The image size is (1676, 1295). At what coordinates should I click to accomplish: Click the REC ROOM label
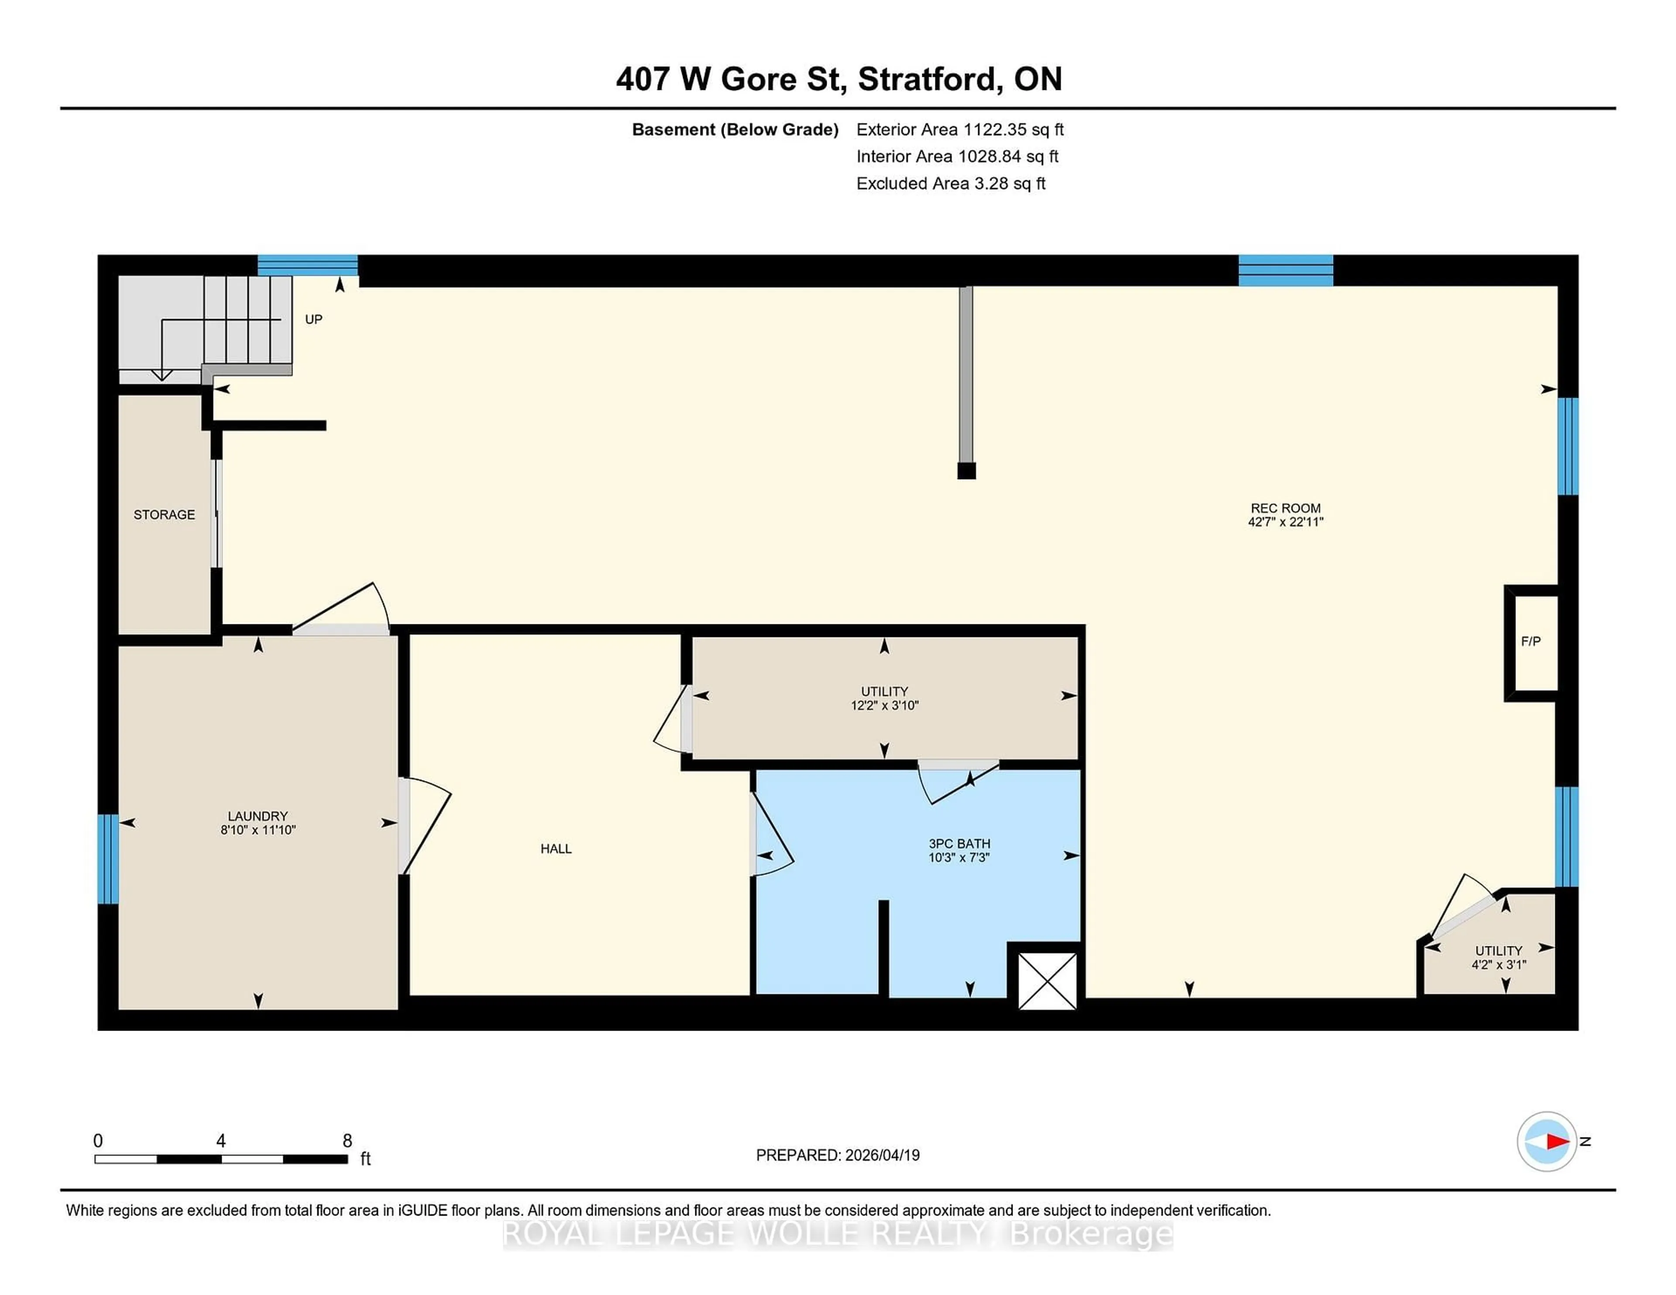coord(1285,508)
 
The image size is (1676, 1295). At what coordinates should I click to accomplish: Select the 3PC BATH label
coord(959,843)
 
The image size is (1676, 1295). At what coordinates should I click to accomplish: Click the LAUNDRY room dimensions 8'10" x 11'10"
coord(258,830)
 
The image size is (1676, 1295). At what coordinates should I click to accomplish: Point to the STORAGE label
coord(164,515)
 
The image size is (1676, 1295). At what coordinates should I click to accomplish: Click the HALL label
coord(556,849)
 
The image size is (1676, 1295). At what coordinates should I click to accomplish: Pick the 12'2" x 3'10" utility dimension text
coord(884,705)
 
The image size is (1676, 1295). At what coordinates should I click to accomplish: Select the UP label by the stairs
coord(313,319)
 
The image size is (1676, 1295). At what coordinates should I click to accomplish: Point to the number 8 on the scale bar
coord(347,1141)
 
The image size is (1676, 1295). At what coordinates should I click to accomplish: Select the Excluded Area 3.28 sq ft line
coord(950,183)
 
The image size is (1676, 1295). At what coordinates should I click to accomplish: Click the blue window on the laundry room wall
coord(107,859)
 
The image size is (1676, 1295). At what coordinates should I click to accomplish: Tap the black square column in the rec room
coord(966,471)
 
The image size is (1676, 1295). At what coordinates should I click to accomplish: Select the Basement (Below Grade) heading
coord(735,130)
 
